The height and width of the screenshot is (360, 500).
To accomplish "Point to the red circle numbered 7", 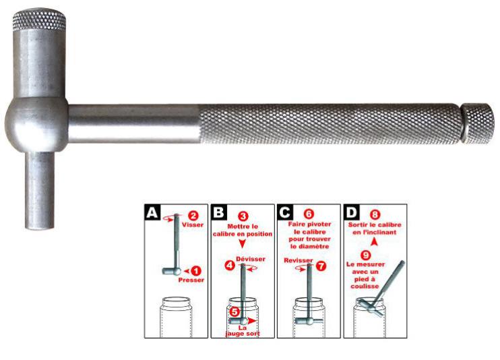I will (321, 266).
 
